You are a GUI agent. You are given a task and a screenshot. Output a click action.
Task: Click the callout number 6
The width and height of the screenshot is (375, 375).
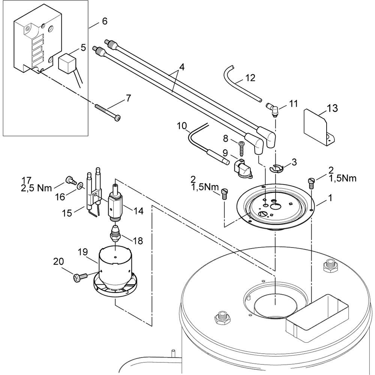tap(104, 21)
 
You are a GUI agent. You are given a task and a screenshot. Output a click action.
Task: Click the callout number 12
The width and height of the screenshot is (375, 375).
tap(250, 78)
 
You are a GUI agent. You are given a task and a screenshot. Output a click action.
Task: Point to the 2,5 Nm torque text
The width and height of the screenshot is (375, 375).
tap(36, 188)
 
